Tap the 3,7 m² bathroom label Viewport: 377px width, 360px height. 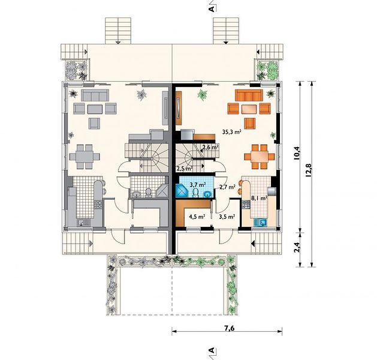[x=198, y=185]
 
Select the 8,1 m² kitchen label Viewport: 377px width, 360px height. [x=259, y=198]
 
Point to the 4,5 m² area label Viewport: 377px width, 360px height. [x=197, y=217]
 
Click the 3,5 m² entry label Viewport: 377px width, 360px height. [x=227, y=217]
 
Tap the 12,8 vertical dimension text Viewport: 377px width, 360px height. [x=308, y=170]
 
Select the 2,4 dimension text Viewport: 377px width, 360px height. [x=297, y=247]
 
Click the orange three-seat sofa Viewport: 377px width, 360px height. [x=249, y=95]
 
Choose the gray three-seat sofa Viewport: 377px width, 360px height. [x=95, y=95]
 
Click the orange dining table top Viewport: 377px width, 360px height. [x=260, y=157]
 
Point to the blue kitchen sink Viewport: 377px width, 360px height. [x=260, y=222]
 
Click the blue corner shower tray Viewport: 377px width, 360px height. [x=182, y=191]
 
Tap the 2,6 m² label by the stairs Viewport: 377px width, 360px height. [x=210, y=147]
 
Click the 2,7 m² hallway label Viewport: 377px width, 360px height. [x=227, y=187]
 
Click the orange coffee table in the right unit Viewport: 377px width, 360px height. [x=249, y=109]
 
